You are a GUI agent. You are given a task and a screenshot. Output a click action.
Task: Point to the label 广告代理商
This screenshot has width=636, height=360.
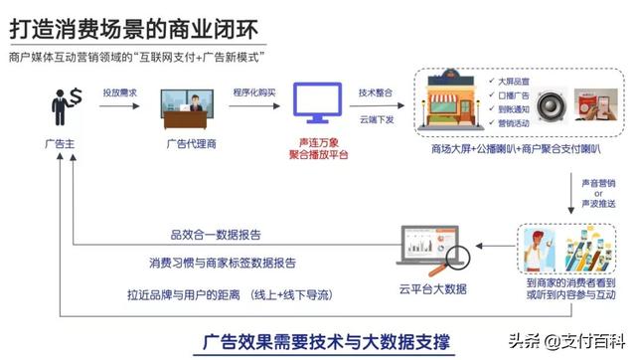point(189,143)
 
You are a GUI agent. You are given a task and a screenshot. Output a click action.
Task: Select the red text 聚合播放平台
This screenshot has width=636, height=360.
point(320,155)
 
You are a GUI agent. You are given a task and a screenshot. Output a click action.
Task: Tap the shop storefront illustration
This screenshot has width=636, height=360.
point(452,103)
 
